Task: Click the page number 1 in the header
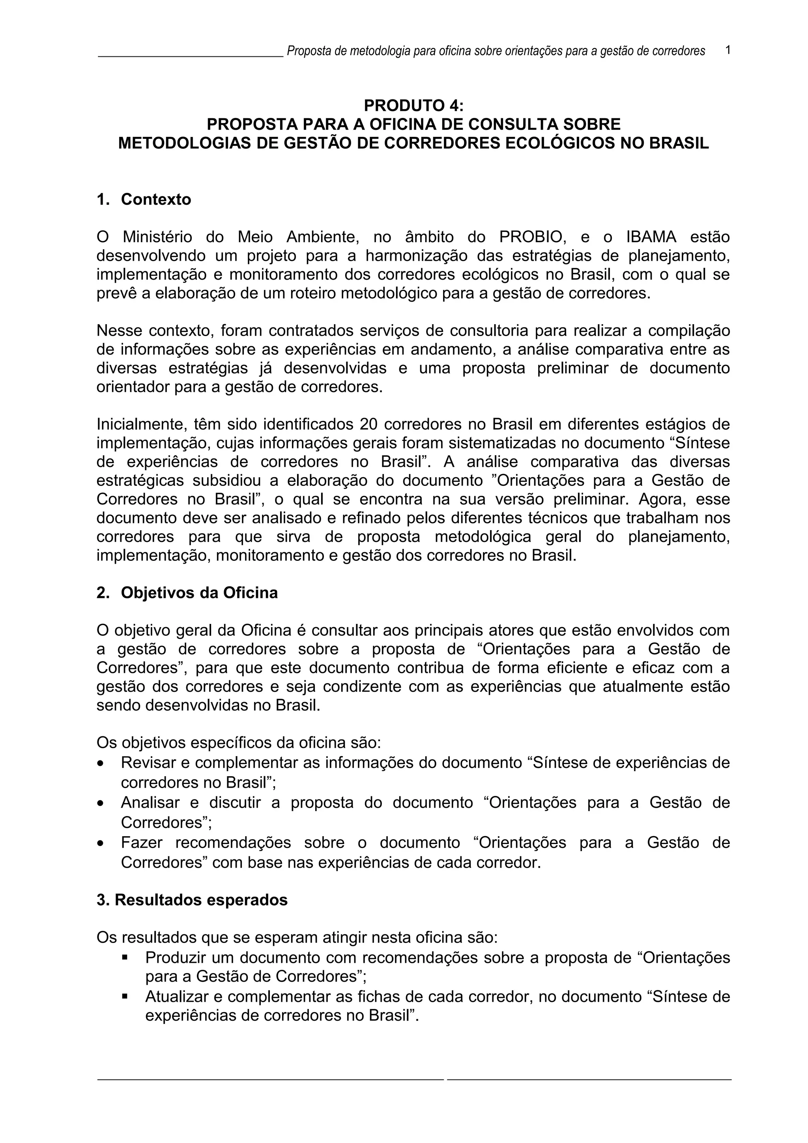point(728,50)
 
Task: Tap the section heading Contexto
point(156,199)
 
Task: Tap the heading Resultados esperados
point(201,900)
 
